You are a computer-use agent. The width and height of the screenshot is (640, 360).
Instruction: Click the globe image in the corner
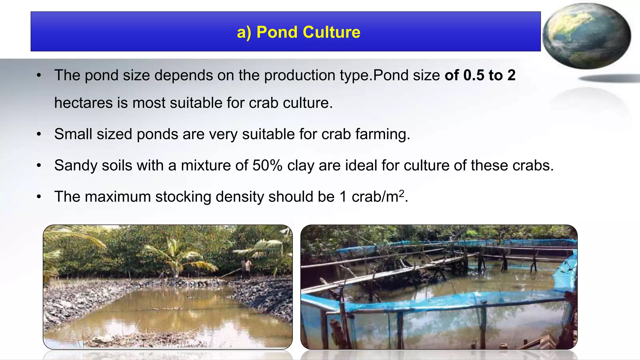[x=587, y=36]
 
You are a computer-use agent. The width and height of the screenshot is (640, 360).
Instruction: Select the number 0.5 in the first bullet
[x=474, y=75]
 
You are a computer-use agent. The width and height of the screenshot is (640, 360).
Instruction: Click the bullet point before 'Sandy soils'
[x=39, y=166]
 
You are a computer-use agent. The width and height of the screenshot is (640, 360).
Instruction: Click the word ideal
[x=361, y=165]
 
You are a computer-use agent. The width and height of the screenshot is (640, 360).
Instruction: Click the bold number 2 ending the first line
[x=511, y=75]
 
